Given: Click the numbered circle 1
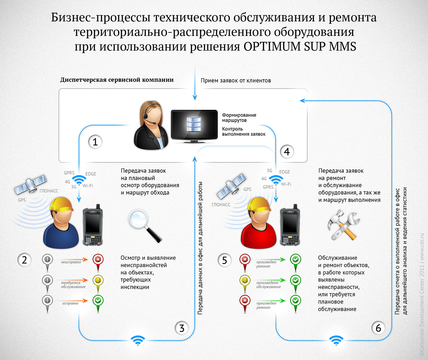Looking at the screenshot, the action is coord(95,142).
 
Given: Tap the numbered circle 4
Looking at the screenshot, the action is coord(287,152).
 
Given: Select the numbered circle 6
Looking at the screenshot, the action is coord(378,328).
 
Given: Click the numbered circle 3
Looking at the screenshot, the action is coord(182,328).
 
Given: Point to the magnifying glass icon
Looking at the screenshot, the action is coord(145,226).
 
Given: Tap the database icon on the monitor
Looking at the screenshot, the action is coord(194,124).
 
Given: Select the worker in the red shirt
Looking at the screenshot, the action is coord(259,223).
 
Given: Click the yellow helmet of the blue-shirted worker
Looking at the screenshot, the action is coord(61,205).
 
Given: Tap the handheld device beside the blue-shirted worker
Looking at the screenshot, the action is coord(93,225).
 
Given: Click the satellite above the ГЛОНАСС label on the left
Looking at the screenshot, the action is coord(30,185).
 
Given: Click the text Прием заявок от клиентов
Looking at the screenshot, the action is coord(236,81).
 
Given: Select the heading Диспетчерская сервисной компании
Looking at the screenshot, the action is coord(117,80).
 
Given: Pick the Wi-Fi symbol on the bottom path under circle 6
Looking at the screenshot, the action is coord(336,340).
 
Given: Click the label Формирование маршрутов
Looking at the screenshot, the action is coord(239,118).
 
